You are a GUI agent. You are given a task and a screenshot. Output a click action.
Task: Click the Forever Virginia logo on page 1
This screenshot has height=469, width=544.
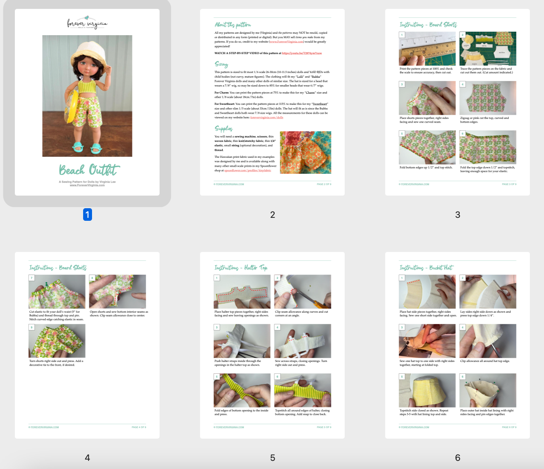pos(87,23)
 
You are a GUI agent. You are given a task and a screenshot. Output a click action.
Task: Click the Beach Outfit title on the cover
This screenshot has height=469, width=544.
pos(89,170)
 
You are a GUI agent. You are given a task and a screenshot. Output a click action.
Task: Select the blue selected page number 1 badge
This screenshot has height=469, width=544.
pos(87,214)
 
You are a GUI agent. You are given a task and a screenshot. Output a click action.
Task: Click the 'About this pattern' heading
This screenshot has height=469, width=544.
pos(233,25)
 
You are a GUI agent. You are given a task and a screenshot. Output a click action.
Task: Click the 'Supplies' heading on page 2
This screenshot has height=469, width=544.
pos(223,129)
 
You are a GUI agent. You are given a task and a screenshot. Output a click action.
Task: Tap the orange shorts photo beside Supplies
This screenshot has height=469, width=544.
pos(305,152)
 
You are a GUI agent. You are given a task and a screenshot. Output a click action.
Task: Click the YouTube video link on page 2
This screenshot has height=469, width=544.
pos(302,53)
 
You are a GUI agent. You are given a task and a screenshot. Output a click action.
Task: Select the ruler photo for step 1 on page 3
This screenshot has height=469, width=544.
pos(427,49)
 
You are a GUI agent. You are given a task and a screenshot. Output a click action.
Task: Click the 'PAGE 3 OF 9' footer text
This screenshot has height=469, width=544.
pos(509,184)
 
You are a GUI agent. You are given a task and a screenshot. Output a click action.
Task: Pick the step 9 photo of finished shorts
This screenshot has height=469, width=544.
pos(57,341)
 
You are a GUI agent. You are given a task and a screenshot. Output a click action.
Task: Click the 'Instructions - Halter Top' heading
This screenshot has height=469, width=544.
pos(241,267)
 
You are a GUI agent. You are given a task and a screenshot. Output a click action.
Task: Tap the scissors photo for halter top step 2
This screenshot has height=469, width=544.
pos(302,292)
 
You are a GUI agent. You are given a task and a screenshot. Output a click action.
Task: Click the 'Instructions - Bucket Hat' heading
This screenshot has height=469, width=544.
pos(426,267)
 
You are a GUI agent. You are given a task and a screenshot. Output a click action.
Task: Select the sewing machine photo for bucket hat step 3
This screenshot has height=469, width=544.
pos(427,341)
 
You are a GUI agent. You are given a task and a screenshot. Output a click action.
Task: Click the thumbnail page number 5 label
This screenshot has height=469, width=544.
pos(272,458)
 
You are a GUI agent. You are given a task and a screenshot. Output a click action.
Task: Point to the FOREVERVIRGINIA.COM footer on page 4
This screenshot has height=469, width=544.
pos(44,427)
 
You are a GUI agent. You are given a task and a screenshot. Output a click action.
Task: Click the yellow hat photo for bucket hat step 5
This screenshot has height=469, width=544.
pos(427,390)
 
